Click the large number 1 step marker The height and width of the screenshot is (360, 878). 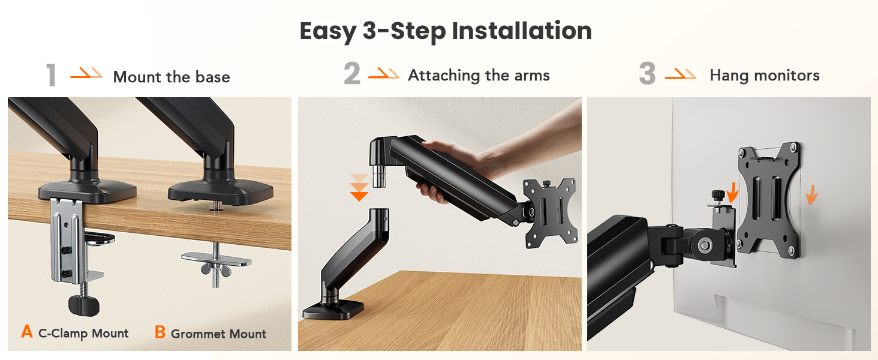coord(51,76)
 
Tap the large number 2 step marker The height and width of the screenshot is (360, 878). coord(352,74)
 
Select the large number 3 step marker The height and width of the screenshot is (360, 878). coord(647,74)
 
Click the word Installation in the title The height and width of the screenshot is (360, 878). coord(521,31)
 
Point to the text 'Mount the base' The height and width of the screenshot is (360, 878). coord(172,77)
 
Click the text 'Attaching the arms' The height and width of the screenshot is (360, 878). coord(479,75)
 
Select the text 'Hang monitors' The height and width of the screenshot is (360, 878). coord(764,75)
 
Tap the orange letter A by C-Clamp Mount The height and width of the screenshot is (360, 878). coord(26,332)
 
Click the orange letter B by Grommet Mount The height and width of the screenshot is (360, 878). coord(160,332)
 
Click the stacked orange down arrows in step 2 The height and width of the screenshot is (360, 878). coord(359,187)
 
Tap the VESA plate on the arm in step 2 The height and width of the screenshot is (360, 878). coord(550,212)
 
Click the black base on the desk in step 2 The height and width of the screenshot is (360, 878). coord(332,310)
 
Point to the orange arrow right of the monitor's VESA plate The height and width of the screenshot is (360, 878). coord(810,194)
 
